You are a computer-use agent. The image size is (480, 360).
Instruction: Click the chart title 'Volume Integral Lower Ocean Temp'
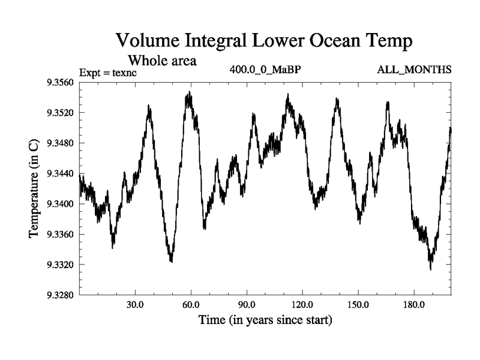(264, 41)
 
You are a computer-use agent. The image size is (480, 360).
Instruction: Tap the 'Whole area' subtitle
(162, 61)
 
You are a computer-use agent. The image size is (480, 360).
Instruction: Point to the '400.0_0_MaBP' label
(265, 70)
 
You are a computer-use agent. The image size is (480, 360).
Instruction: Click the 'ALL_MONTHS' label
(414, 70)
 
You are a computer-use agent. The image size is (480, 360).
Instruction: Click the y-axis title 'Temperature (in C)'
(35, 188)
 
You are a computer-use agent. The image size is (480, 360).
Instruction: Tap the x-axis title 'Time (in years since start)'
(265, 321)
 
